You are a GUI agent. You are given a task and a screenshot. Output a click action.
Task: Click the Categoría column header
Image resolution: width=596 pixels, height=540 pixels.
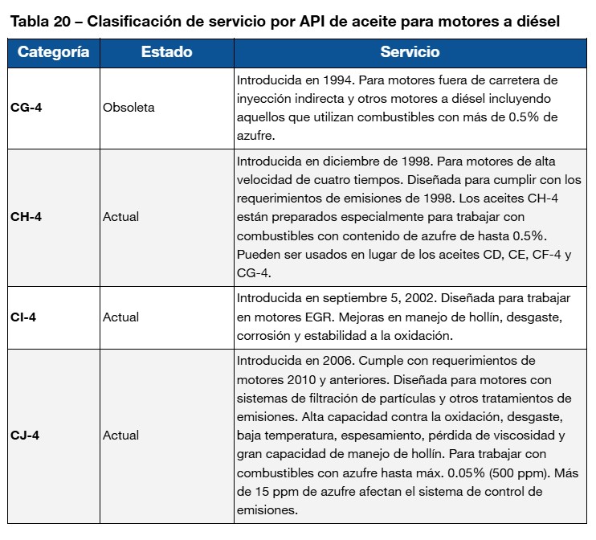[x=53, y=52]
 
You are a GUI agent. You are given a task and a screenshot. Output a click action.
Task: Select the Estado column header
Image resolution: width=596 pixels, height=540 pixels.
[x=166, y=52]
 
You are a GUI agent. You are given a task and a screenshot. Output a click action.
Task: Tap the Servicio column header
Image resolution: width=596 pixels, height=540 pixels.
[x=410, y=52]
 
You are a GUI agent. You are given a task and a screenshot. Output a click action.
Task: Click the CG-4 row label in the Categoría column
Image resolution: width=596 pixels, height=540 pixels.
[x=27, y=107]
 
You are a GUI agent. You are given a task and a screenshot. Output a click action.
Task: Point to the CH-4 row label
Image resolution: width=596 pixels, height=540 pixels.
[x=27, y=216]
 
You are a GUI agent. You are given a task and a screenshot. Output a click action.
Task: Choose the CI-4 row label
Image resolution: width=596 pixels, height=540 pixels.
[x=24, y=317]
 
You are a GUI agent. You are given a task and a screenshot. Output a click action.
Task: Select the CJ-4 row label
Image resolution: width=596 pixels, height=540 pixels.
[x=25, y=436]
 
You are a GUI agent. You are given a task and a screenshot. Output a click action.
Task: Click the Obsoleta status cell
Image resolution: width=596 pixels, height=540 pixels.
[x=129, y=107]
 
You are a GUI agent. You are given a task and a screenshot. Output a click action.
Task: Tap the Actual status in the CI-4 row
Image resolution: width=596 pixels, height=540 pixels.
[x=120, y=317]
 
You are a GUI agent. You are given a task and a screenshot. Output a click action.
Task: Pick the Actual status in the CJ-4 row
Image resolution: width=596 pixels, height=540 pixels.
[x=120, y=436]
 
